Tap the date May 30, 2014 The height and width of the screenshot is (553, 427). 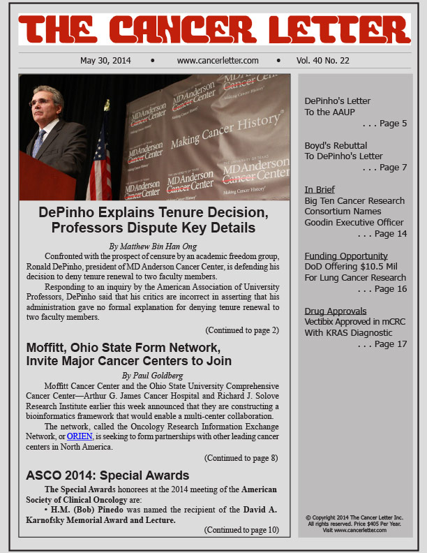105,61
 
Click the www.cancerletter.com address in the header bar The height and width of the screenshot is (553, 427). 218,61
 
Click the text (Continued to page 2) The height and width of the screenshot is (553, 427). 241,330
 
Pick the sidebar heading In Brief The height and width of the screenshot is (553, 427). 320,189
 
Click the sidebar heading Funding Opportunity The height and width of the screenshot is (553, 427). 346,256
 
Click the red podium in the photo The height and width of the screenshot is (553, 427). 45,178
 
